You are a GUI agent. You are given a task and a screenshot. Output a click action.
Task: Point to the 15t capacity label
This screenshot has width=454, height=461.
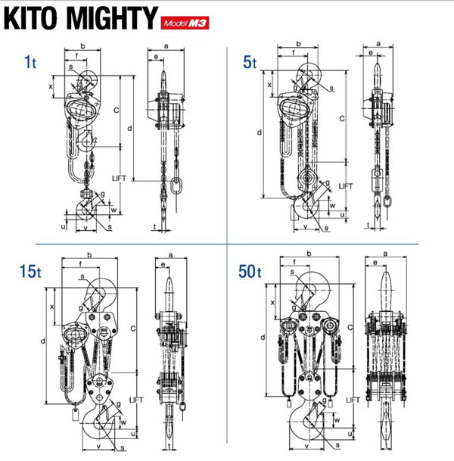30,270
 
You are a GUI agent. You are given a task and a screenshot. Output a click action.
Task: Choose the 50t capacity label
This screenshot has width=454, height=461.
249,270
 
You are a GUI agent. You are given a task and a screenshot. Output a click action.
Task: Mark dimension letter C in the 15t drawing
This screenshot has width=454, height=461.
132,328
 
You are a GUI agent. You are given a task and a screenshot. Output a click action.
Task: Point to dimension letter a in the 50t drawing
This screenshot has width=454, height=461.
387,253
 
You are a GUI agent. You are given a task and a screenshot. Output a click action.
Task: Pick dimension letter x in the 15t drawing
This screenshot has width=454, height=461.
51,307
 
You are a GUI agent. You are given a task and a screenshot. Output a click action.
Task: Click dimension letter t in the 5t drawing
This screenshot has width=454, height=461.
368,226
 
